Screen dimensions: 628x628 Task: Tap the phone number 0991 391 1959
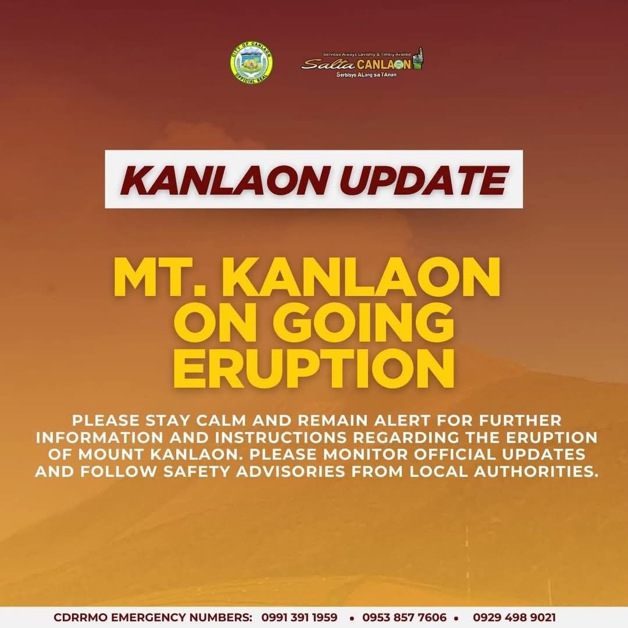coord(299,617)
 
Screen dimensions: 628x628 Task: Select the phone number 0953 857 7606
coord(404,617)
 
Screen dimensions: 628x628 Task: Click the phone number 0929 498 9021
coord(514,617)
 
